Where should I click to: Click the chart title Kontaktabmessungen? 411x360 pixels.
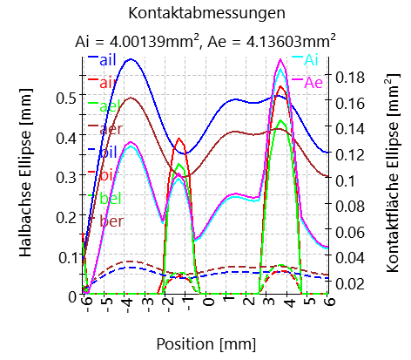tap(205, 13)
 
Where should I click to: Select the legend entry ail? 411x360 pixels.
tap(109, 59)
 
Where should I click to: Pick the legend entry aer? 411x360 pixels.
tap(110, 129)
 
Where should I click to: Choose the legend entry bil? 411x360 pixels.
tap(109, 152)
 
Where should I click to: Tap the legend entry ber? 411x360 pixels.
tap(111, 221)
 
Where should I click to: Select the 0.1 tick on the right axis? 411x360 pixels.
tap(348, 180)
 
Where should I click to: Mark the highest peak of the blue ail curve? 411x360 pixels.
tap(131, 59)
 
